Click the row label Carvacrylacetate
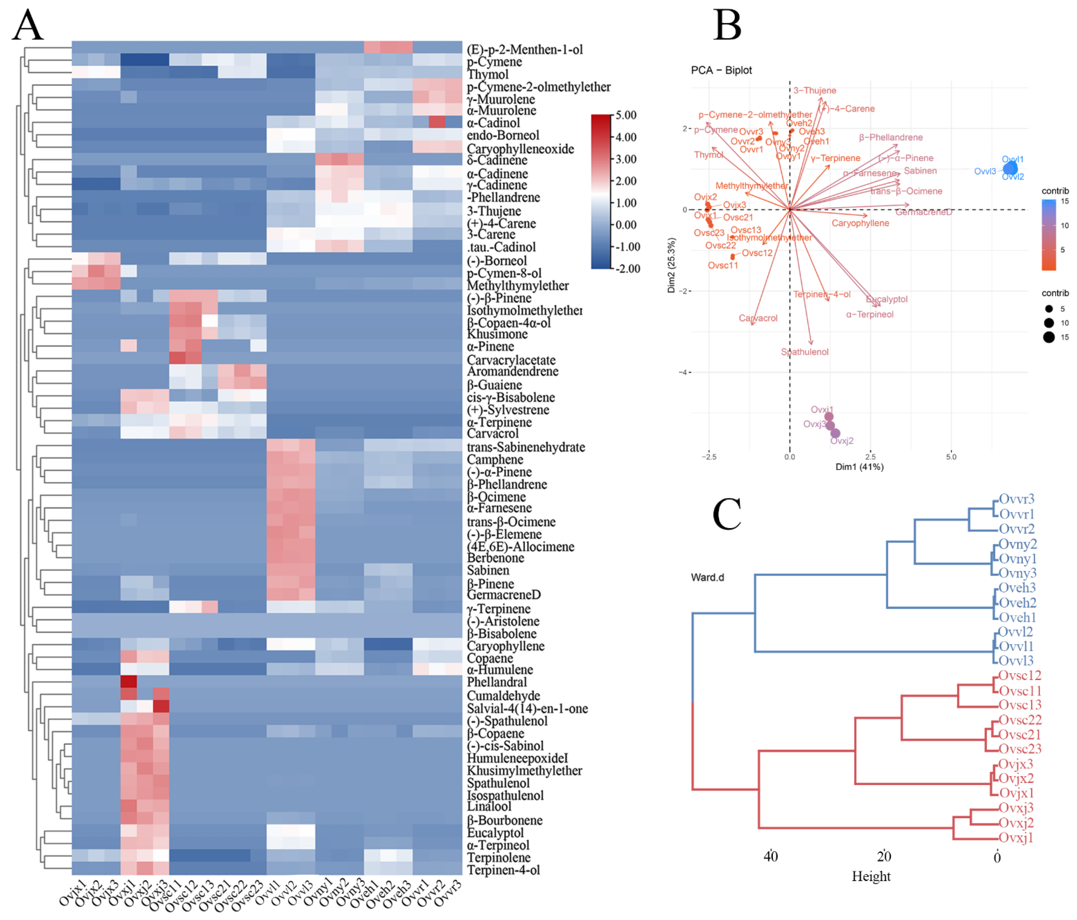(x=511, y=360)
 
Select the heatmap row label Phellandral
(x=496, y=682)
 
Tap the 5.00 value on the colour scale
(x=626, y=115)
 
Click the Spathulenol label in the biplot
(x=805, y=352)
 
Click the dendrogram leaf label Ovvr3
(x=1016, y=499)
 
